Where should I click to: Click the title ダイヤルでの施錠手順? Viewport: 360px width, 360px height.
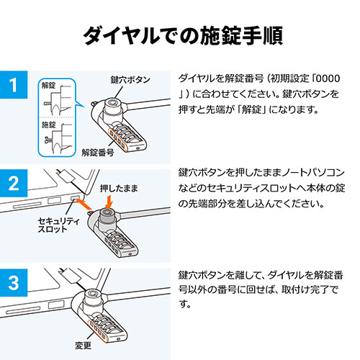[x=180, y=34]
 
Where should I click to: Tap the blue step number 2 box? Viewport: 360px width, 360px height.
[x=13, y=184]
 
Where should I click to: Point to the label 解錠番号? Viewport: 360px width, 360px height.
[x=99, y=152]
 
